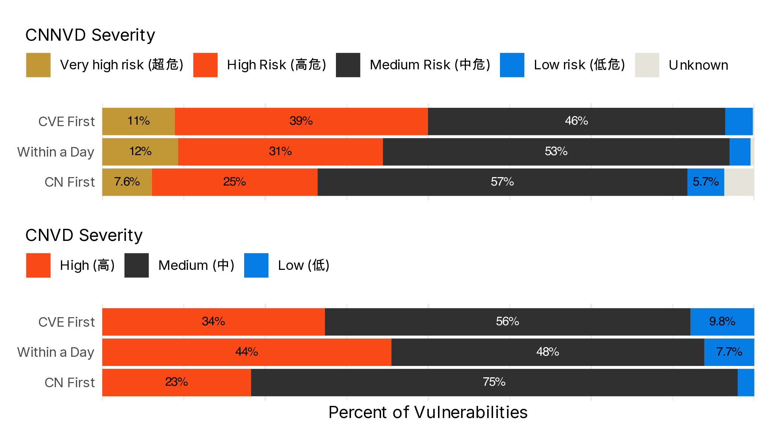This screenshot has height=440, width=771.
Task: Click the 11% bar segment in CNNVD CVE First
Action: (x=138, y=121)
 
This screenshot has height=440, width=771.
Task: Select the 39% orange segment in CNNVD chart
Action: (x=301, y=121)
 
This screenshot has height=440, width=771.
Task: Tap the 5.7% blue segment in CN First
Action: (x=705, y=182)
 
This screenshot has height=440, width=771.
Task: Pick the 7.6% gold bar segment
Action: (x=127, y=182)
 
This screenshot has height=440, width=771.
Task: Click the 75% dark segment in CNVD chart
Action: (x=494, y=382)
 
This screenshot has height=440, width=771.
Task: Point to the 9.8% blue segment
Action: (x=722, y=322)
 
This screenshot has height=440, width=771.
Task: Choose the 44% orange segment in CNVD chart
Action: (x=247, y=352)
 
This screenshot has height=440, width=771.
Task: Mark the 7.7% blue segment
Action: (x=729, y=352)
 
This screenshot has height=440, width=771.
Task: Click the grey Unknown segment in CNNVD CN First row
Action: (x=739, y=182)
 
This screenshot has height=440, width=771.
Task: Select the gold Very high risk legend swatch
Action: (x=38, y=65)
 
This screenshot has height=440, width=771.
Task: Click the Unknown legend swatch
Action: (x=647, y=65)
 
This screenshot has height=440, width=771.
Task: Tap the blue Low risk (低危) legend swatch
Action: (x=512, y=65)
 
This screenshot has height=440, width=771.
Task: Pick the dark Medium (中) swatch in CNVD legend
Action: (x=137, y=265)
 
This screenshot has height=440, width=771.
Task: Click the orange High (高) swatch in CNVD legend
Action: (x=38, y=265)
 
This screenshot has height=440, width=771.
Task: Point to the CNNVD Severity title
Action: (x=90, y=35)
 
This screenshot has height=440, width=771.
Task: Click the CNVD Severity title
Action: (x=84, y=235)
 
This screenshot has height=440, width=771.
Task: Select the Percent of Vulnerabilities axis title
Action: (x=428, y=412)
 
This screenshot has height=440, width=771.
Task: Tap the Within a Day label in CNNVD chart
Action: (x=56, y=152)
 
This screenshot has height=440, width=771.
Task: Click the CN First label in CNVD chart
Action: (x=69, y=382)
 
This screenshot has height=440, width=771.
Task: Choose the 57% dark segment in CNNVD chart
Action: (x=502, y=182)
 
